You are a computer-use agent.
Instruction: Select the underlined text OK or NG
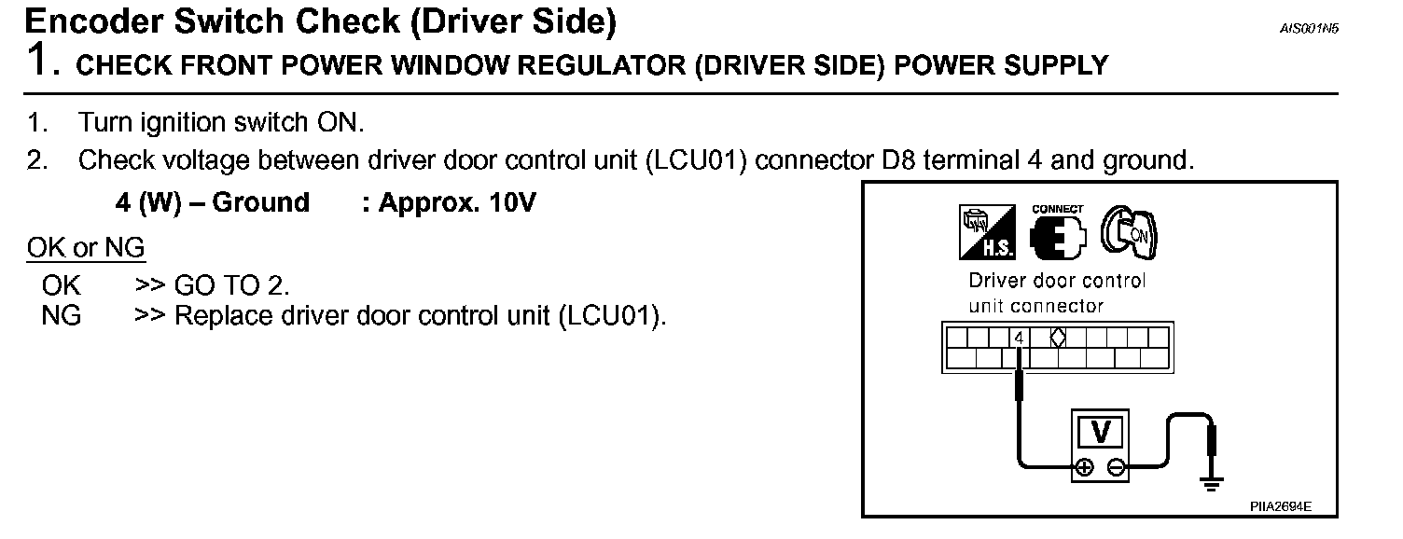click(x=86, y=248)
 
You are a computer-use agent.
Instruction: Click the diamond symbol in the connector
click(x=1058, y=338)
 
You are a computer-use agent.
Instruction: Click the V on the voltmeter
click(x=1101, y=432)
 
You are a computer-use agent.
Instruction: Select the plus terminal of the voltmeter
click(x=1084, y=468)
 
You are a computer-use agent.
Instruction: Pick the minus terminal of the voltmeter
click(x=1117, y=468)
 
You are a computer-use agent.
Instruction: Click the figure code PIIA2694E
click(x=1281, y=506)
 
